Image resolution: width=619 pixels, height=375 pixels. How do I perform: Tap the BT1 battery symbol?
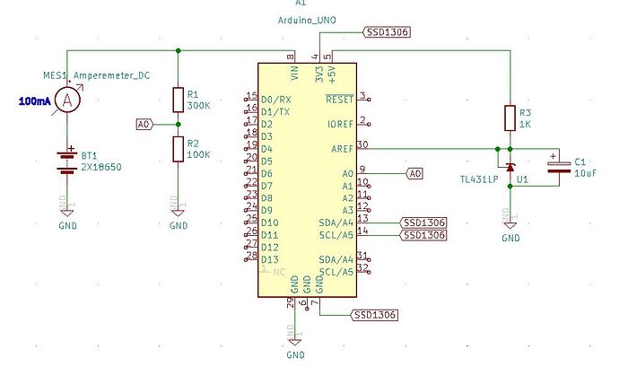pyautogui.click(x=65, y=161)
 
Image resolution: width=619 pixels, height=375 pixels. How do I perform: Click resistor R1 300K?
pyautogui.click(x=179, y=99)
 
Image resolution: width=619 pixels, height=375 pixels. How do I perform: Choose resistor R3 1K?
pyautogui.click(x=510, y=118)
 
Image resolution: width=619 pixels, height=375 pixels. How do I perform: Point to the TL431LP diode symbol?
pyautogui.click(x=510, y=167)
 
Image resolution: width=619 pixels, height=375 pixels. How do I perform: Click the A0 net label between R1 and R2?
pyautogui.click(x=144, y=124)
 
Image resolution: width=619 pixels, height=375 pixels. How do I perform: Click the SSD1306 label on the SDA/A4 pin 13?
pyautogui.click(x=423, y=222)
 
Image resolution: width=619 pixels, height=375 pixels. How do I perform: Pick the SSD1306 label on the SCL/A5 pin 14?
pyautogui.click(x=423, y=234)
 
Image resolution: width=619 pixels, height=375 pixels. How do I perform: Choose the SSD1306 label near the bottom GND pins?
pyautogui.click(x=373, y=315)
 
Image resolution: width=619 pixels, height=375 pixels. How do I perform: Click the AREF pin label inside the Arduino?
pyautogui.click(x=341, y=148)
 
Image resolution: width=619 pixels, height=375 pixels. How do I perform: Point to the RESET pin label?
pyautogui.click(x=339, y=99)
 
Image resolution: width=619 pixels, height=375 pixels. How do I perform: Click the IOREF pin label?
pyautogui.click(x=340, y=124)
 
